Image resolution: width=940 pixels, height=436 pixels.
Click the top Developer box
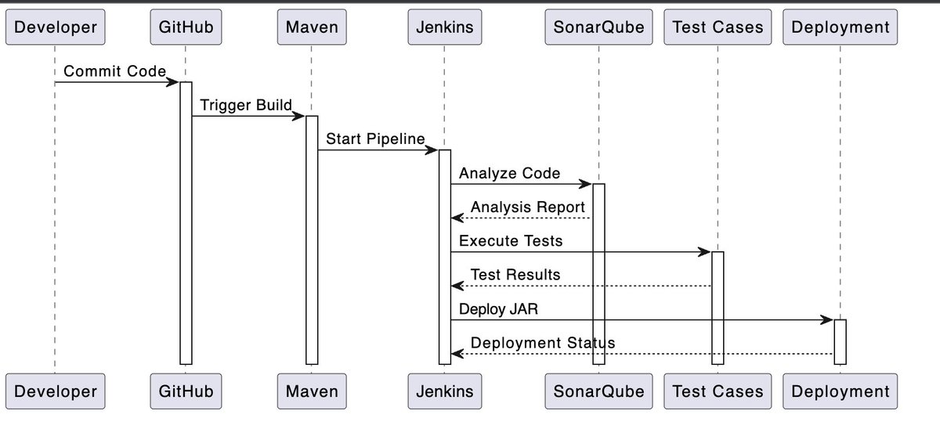point(56,27)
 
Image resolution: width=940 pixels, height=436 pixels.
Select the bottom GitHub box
point(186,391)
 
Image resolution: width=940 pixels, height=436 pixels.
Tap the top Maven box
point(311,27)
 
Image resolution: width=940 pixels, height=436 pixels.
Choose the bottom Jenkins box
point(443,391)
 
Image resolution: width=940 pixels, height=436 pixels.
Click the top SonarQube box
point(598,27)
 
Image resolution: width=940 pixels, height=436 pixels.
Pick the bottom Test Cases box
point(717,391)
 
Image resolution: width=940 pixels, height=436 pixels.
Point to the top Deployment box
point(841,27)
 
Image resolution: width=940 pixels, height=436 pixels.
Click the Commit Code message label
point(114,71)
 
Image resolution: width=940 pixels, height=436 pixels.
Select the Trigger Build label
point(245,105)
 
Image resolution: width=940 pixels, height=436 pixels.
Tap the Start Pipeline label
point(375,139)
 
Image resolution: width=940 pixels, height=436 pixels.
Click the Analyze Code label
point(509,173)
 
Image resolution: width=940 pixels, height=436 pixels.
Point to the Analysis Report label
point(527,207)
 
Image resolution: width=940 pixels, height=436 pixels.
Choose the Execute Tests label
point(511,241)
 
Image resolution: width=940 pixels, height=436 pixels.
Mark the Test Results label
point(515,275)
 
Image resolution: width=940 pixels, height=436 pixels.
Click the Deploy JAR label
point(498,308)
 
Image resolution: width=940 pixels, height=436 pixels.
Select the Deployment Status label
point(543,343)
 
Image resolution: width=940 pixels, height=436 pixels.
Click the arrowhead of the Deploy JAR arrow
point(827,319)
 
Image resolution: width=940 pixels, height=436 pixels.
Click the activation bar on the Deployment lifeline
point(840,341)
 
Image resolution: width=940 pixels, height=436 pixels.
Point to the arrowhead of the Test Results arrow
point(457,286)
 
